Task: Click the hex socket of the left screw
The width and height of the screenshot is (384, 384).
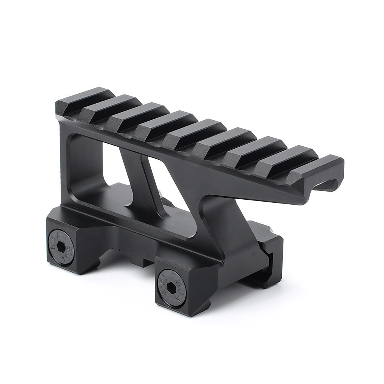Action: [x=61, y=248]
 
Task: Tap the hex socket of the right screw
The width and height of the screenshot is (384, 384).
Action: [x=171, y=287]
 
